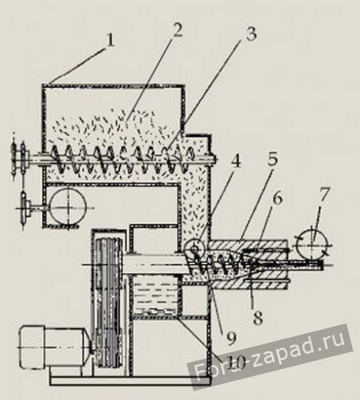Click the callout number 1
pos(110,40)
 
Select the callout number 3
pos(251,34)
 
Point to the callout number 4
pos(235,160)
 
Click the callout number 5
pos(272,158)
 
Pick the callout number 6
pos(277,198)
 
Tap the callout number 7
pos(325,195)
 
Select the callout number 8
pos(257,318)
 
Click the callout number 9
pos(231,338)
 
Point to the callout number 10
pos(236,362)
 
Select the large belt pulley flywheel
pos(109,303)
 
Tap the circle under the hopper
pos(68,207)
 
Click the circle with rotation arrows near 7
pos(312,245)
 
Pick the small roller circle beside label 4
pos(195,247)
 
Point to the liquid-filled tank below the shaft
pos(155,297)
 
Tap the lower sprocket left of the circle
pos(23,208)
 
